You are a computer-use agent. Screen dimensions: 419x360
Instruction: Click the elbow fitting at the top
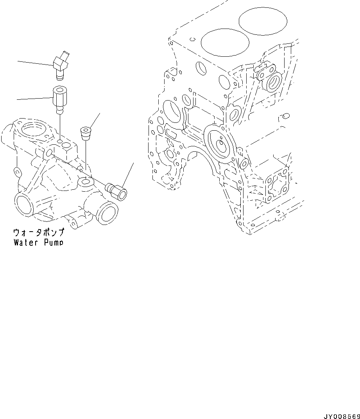[61, 64]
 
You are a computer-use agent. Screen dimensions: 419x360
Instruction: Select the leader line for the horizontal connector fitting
[128, 174]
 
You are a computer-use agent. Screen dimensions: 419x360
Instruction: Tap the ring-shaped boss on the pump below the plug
[86, 182]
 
